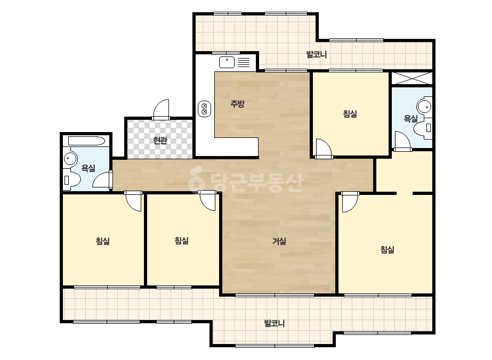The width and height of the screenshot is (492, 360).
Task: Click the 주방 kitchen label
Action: click(237, 103)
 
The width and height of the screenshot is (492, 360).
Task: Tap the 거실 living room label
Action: click(279, 241)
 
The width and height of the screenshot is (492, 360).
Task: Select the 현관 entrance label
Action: click(160, 140)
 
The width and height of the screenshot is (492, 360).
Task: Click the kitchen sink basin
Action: click(227, 62)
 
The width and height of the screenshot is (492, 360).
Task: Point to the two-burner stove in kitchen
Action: click(204, 109)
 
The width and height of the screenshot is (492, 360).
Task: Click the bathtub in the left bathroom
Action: click(86, 141)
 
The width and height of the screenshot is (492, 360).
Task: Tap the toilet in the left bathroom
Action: click(72, 179)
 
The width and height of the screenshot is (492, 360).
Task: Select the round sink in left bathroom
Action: click(70, 159)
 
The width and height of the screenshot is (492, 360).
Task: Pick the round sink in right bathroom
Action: click(425, 107)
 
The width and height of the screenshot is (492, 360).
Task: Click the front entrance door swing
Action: click(161, 110)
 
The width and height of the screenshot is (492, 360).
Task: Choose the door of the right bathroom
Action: click(402, 142)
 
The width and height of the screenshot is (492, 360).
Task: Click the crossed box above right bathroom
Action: click(412, 78)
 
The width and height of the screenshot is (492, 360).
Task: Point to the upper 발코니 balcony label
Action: click(316, 54)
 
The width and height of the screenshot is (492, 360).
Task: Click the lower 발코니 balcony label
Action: click(275, 323)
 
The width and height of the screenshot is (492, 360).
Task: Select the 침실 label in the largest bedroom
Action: click(387, 250)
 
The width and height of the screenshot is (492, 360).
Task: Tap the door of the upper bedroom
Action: click(324, 149)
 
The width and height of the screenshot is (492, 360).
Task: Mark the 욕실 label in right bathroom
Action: click(410, 119)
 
